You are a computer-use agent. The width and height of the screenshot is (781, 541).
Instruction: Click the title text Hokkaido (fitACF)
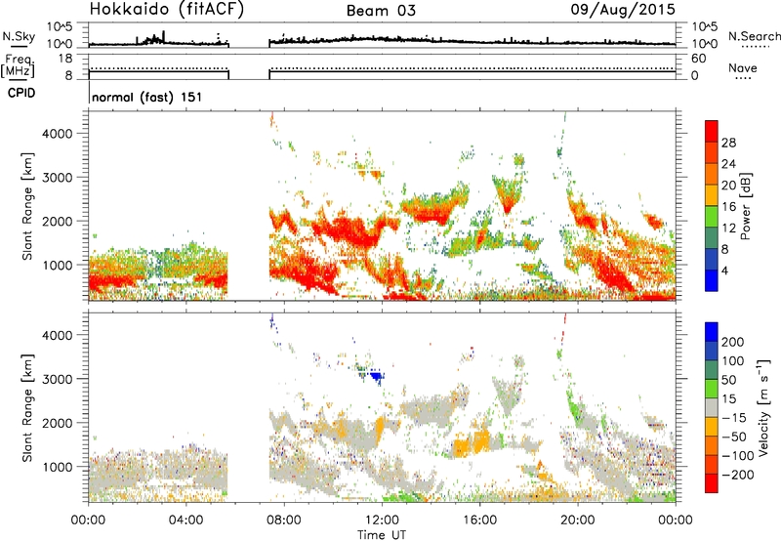coord(167,10)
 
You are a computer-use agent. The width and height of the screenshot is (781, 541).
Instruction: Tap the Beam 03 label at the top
coord(381,11)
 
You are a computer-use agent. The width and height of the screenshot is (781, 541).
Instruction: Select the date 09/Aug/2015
coord(623,10)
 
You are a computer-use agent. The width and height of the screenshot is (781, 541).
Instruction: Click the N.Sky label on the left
coord(19,36)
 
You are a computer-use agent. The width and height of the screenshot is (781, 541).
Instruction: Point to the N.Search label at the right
coord(755,36)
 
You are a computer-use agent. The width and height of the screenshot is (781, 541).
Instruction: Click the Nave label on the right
coord(743,67)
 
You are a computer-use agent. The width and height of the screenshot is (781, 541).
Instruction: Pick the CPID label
coord(21,93)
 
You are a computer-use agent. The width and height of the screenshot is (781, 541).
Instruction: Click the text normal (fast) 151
coord(147,97)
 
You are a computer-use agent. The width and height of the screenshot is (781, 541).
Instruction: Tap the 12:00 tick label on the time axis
coord(382,520)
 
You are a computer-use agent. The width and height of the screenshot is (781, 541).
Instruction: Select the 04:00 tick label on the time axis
coord(186,520)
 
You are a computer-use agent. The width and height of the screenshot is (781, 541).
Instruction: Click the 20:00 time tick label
coord(578,520)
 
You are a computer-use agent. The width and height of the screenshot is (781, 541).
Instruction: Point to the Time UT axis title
coord(382,535)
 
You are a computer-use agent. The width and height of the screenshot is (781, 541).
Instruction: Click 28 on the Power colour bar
coord(728,143)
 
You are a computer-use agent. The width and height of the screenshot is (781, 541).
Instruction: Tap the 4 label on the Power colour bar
coord(724,271)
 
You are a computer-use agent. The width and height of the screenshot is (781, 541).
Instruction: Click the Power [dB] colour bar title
coord(746,206)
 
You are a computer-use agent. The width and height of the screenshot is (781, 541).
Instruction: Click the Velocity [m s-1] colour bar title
coord(763,407)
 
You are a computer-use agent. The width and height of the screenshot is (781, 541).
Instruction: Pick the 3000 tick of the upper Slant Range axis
coord(58,178)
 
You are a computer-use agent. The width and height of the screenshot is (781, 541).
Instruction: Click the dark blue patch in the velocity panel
coord(377,376)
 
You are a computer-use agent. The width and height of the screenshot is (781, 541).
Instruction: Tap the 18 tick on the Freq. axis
coord(64,59)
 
